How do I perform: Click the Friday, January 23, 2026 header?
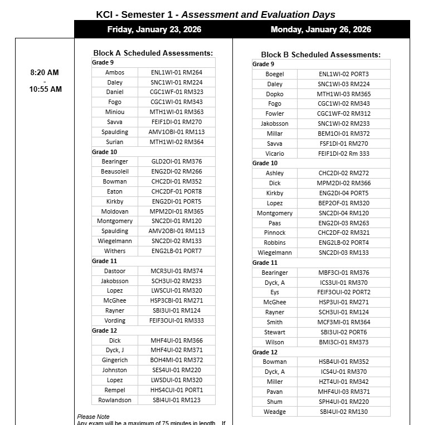coord(154,29)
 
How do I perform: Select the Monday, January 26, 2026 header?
coord(320,29)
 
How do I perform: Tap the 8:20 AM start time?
coord(45,72)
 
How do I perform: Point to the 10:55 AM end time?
coord(46,89)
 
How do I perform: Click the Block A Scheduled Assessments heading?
coord(153,53)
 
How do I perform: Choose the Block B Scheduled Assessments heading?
coord(320,55)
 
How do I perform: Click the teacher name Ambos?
coord(115,72)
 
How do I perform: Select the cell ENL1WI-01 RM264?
coord(176,72)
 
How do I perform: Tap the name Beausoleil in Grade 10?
coord(115,171)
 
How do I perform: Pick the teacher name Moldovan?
coord(115,211)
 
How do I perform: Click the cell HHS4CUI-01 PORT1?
coord(176,390)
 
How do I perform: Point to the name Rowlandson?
coord(115,400)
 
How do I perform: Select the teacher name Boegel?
coord(275,74)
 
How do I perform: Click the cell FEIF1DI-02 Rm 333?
coord(343,154)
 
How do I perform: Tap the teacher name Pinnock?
coord(275,233)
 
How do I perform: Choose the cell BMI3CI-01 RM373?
coord(343,342)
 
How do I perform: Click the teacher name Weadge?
coord(275,412)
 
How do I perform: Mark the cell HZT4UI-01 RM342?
coord(343,382)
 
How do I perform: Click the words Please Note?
coord(93,417)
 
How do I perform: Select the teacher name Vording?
coord(115,320)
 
